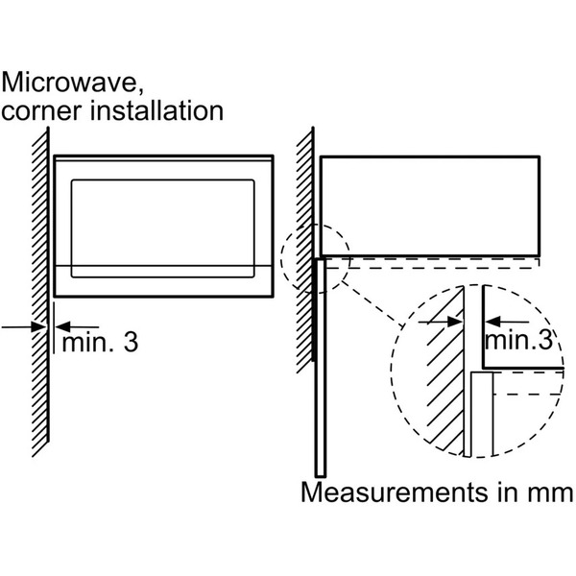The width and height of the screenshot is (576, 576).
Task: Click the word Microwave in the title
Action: tap(69, 82)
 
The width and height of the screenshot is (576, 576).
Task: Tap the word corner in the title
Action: tap(41, 110)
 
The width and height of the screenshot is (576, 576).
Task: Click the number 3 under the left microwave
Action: tap(131, 343)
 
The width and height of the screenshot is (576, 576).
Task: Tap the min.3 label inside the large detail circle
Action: tap(518, 340)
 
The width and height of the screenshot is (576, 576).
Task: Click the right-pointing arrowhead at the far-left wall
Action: tap(38, 326)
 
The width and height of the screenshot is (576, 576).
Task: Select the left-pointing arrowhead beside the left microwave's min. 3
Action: tap(62, 326)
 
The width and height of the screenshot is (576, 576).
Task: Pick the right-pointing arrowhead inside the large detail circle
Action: tap(454, 322)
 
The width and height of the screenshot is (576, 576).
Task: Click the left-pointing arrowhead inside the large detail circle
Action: tap(493, 322)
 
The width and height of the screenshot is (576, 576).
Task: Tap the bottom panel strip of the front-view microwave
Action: tap(163, 280)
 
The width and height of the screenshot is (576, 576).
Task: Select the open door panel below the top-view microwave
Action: tap(321, 368)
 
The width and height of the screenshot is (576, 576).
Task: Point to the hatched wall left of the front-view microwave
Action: tap(40, 292)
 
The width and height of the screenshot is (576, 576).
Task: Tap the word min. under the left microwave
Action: tap(88, 343)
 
